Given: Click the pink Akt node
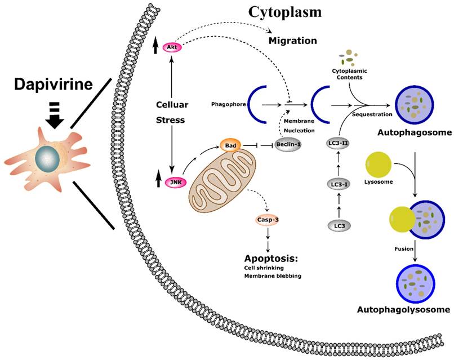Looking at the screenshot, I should (x=170, y=47).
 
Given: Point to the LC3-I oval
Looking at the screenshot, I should (x=338, y=184).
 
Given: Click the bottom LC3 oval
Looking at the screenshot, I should (x=338, y=225).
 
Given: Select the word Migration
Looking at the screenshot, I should (x=292, y=41).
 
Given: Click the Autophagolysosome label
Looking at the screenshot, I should (x=403, y=309).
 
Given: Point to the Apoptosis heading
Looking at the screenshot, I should (x=271, y=259).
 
